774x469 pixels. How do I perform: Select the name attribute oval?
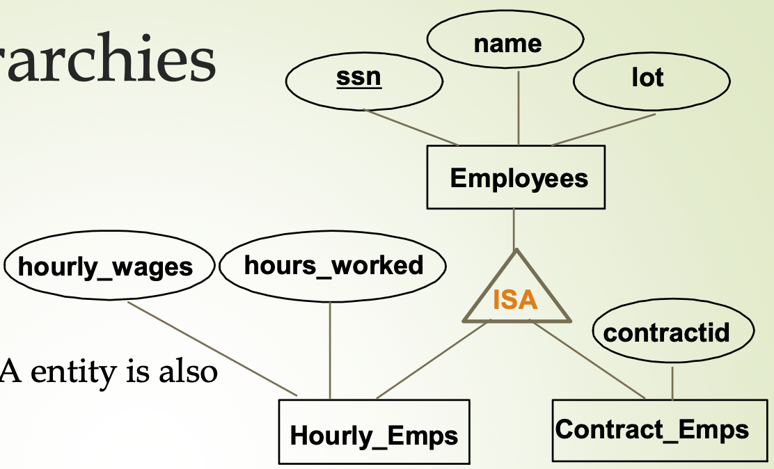click(x=505, y=43)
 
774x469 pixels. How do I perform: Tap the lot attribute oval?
click(x=651, y=79)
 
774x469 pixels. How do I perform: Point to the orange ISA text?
click(x=515, y=299)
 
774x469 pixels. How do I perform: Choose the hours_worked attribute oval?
click(x=333, y=266)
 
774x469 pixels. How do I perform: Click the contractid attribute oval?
click(x=672, y=333)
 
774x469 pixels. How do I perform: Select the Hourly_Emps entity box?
click(x=374, y=433)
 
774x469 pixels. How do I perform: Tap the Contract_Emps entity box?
click(x=651, y=430)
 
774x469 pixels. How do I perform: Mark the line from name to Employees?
click(x=519, y=108)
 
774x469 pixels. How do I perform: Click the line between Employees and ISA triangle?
click(x=514, y=228)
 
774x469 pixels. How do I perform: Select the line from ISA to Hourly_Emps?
click(x=432, y=360)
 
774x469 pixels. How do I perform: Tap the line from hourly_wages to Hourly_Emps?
click(x=212, y=349)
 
